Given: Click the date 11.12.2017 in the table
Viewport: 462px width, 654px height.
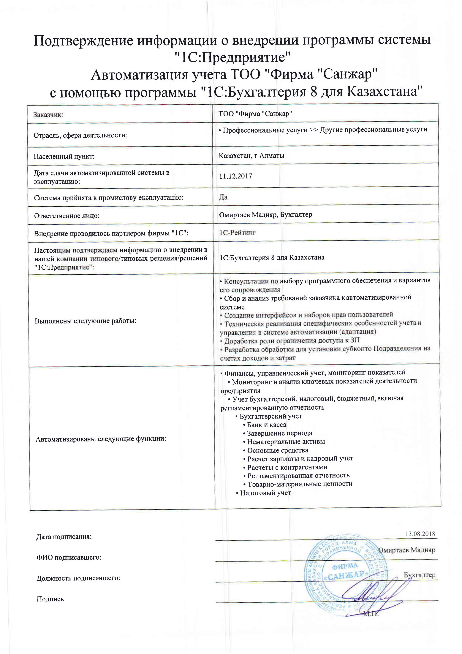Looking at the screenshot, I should click(x=235, y=176).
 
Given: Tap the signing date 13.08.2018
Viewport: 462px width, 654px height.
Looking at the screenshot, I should click(x=420, y=534).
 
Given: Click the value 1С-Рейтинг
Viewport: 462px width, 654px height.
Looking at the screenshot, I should click(x=237, y=233).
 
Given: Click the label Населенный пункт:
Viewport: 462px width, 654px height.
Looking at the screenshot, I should click(x=64, y=156).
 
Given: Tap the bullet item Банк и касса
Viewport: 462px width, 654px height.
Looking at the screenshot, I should click(x=266, y=425).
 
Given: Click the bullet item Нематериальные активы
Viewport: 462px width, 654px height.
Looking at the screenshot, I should click(x=286, y=442).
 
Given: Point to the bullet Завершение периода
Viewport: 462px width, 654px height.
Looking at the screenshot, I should click(x=279, y=433).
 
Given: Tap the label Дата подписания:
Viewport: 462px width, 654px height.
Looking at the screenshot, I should click(x=64, y=537).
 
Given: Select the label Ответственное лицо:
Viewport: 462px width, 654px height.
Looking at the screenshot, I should click(x=67, y=216).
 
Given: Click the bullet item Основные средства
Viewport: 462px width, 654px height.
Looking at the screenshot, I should click(x=278, y=450).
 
